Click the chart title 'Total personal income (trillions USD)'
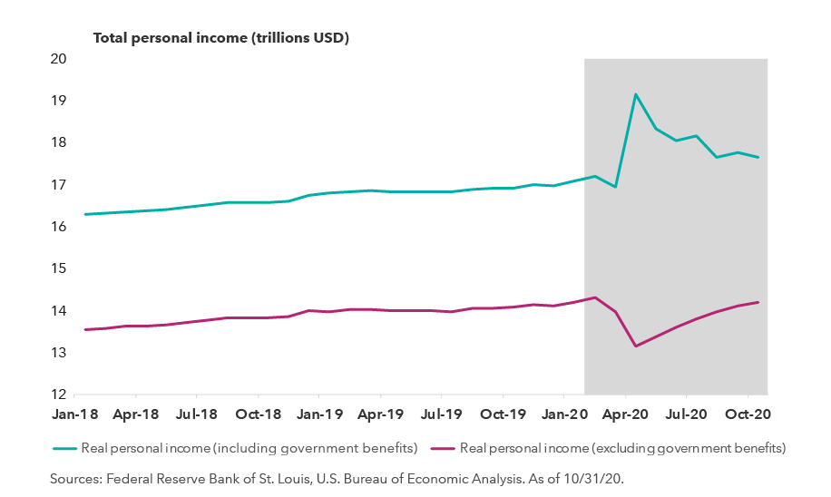click(x=221, y=38)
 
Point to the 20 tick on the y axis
click(x=59, y=59)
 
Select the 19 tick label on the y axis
click(x=59, y=101)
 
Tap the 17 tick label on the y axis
click(x=59, y=185)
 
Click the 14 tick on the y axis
click(x=59, y=311)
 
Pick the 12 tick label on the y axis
click(x=59, y=395)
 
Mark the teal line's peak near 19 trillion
click(x=636, y=94)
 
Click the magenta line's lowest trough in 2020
click(x=636, y=346)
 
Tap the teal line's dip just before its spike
click(x=616, y=187)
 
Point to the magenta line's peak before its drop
click(x=596, y=297)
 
